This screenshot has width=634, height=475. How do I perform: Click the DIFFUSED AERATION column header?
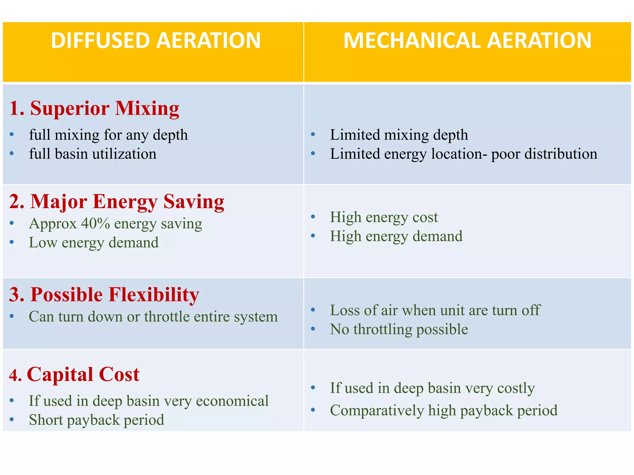pos(156,41)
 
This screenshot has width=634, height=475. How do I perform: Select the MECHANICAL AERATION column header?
pos(467,41)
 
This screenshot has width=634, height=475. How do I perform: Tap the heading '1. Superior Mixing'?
pos(94,109)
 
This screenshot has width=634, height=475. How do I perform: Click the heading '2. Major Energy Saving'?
pos(117,202)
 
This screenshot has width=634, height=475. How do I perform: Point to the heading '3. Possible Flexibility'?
pos(104,294)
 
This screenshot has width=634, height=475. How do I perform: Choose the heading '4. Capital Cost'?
pos(74,374)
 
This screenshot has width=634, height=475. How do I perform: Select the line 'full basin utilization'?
pos(93,154)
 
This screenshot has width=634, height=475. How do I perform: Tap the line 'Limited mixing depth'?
pos(399,135)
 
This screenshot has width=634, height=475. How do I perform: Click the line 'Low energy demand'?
pos(93,242)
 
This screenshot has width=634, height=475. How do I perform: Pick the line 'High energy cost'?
pos(384,217)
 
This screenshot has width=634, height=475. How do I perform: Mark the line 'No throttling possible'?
pos(399,329)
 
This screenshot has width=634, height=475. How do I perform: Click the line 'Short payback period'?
pos(96,420)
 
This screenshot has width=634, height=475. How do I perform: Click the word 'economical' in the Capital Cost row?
pos(232,401)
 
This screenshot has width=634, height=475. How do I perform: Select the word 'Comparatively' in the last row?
pos(377,411)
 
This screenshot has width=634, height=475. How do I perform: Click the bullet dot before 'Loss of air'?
pos(313,310)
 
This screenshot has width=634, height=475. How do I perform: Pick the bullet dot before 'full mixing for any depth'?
pos(12,134)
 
